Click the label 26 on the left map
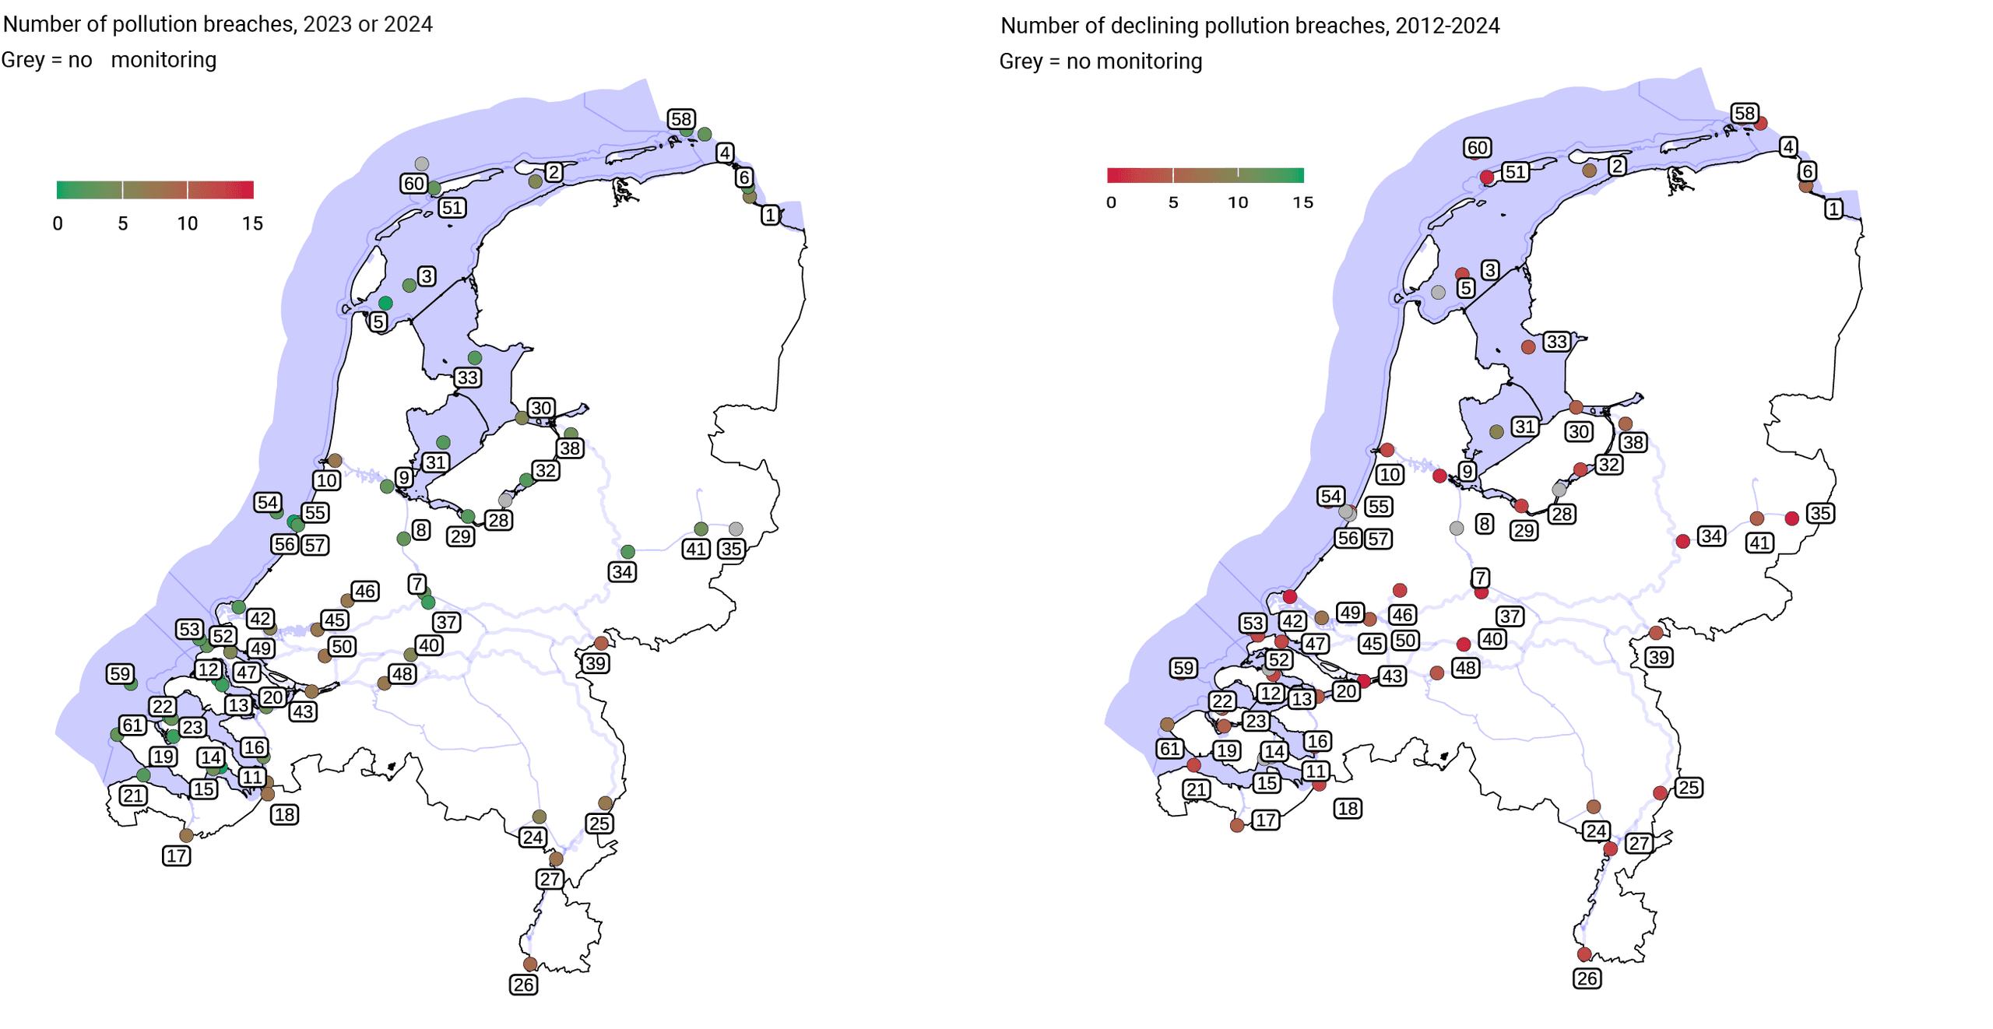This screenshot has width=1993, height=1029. (523, 984)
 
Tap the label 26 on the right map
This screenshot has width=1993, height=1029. (1587, 978)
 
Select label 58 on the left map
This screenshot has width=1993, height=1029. (680, 119)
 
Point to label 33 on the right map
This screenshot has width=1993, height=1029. (1555, 341)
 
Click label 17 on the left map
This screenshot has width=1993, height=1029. (176, 855)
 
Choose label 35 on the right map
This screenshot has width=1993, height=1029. (1819, 513)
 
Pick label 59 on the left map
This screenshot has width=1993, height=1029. (120, 673)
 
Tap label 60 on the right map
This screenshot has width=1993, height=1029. (1477, 147)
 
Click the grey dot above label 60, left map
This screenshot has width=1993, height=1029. (421, 163)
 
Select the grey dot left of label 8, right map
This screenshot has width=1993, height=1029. (1456, 528)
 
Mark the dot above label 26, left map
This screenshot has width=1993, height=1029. (530, 964)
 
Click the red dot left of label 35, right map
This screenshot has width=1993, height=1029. (1791, 518)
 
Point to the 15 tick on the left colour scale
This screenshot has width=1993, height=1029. (252, 223)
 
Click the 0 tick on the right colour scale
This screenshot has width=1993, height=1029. (1111, 202)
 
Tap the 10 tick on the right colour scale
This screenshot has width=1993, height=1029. (1238, 202)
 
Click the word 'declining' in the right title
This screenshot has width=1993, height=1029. (1150, 26)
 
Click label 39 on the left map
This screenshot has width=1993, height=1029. (596, 663)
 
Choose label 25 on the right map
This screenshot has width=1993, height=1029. (1688, 787)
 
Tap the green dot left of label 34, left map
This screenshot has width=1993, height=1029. (627, 552)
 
